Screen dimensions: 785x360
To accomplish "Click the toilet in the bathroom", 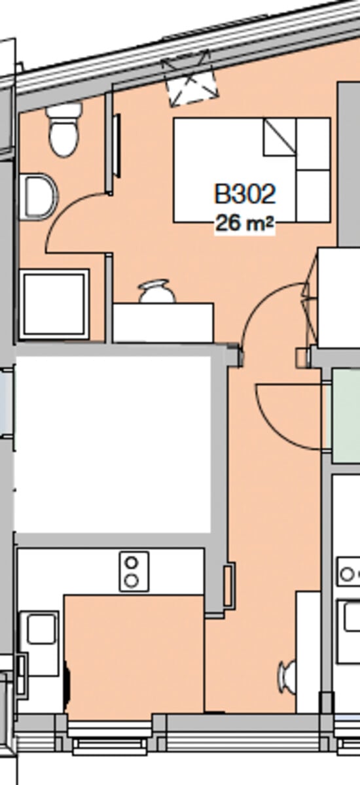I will point(63,133).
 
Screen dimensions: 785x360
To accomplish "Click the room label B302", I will point(245,194).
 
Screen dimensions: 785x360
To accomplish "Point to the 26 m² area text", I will point(244,224).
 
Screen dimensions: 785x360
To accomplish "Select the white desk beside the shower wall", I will point(163,323).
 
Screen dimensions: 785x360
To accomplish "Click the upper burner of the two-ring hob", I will point(133,563).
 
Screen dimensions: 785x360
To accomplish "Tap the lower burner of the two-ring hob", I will point(133,580).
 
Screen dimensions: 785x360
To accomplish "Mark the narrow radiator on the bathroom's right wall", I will point(117,145).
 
